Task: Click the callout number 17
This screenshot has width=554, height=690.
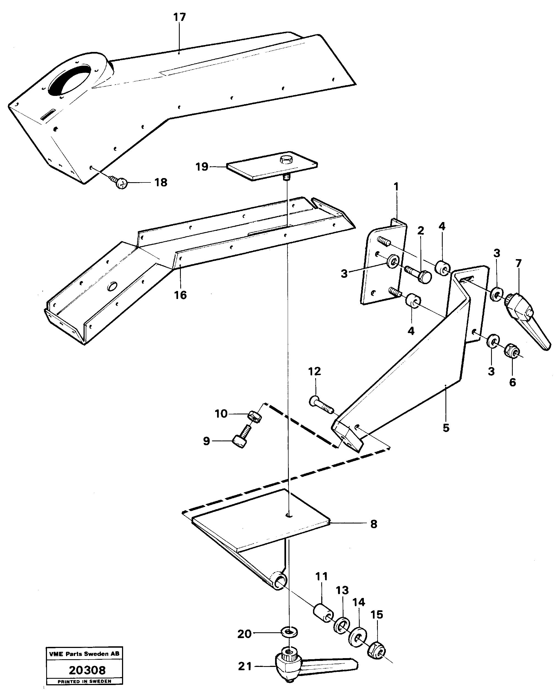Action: (x=179, y=17)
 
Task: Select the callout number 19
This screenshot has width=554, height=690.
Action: (x=202, y=167)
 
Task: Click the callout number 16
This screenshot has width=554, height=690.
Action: (x=180, y=295)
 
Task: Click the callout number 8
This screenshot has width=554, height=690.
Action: (x=373, y=524)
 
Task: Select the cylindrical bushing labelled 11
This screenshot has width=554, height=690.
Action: (x=323, y=613)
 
